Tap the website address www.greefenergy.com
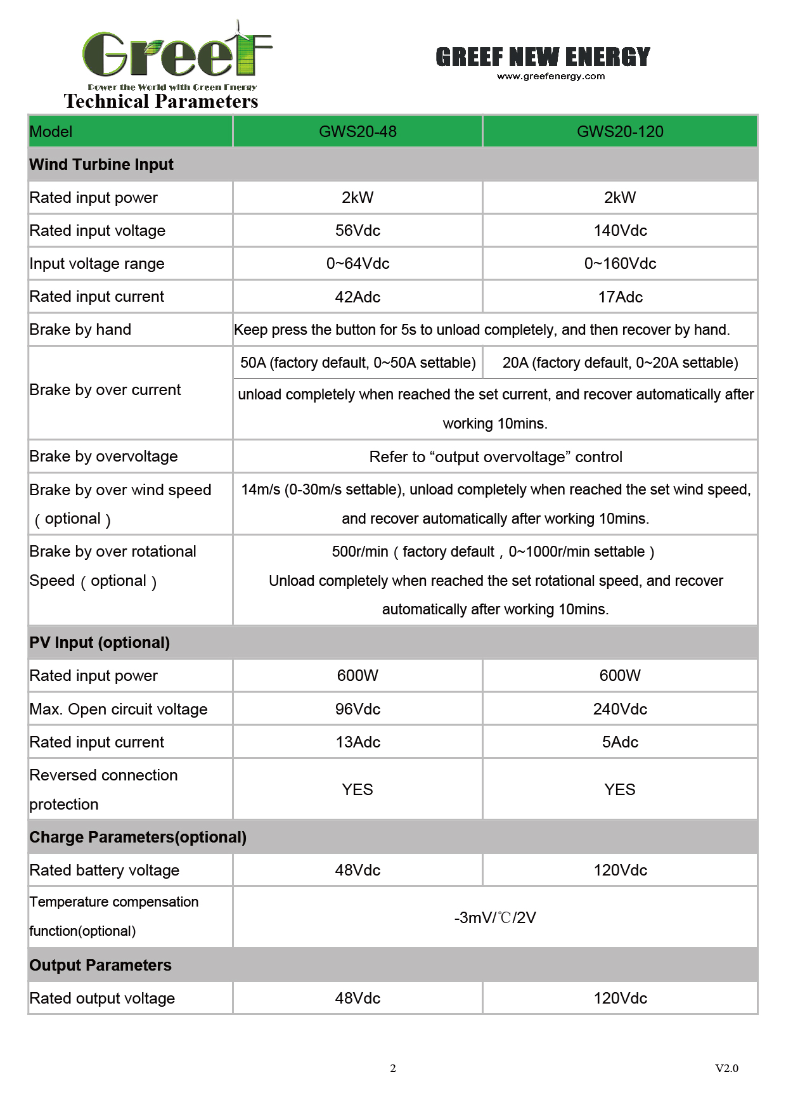point(551,76)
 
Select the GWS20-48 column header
point(358,131)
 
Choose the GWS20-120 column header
point(620,131)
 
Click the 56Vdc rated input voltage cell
point(358,231)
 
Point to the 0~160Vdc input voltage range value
point(620,264)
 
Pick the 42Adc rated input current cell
point(358,297)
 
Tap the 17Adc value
point(620,297)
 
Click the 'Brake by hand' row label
point(81,330)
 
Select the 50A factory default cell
point(358,363)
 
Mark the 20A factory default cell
point(620,363)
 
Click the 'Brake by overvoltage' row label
point(103,456)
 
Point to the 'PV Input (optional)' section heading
point(100,643)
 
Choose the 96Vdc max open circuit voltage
point(358,709)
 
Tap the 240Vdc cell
point(620,709)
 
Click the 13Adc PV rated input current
point(358,742)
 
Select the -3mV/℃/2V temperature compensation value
point(495,917)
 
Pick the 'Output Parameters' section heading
point(100,965)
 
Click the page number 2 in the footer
point(393,1068)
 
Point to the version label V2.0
point(726,1068)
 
